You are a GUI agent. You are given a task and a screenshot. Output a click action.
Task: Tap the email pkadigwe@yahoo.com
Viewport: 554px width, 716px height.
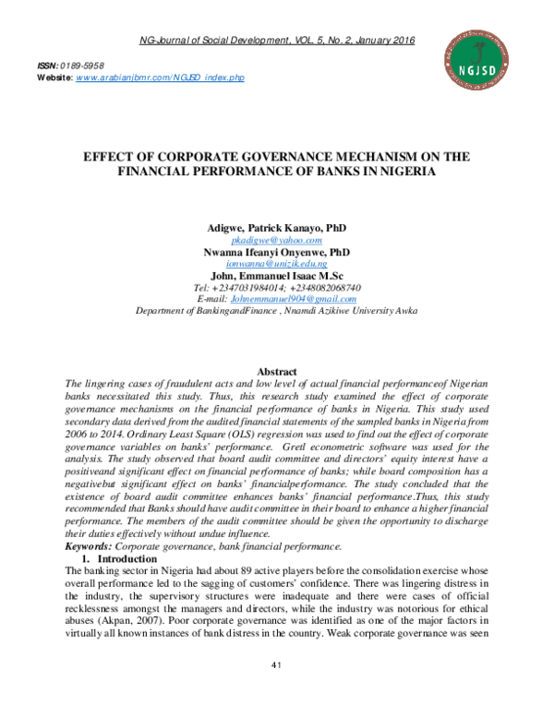276,239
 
